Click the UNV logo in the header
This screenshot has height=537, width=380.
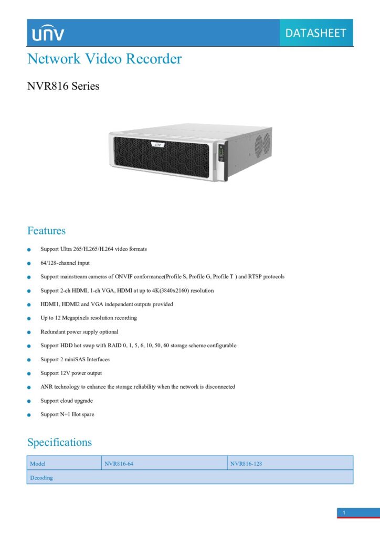point(48,33)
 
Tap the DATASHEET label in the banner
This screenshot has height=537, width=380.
point(315,33)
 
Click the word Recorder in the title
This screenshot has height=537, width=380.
point(153,59)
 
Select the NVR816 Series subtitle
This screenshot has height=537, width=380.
point(64,86)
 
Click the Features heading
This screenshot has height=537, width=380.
point(46,231)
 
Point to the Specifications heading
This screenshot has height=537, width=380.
point(60,443)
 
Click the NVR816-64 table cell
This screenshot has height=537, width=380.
point(164,463)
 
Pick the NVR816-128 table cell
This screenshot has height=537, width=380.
point(290,463)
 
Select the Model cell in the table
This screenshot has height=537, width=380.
point(64,463)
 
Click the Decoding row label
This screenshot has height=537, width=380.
point(41,478)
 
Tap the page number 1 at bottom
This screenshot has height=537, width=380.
point(344,513)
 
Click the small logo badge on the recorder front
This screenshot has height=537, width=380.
point(157,145)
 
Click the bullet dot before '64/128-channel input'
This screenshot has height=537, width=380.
point(29,263)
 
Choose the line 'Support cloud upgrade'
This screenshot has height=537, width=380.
point(67,401)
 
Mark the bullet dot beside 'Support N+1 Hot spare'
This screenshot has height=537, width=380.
point(29,415)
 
